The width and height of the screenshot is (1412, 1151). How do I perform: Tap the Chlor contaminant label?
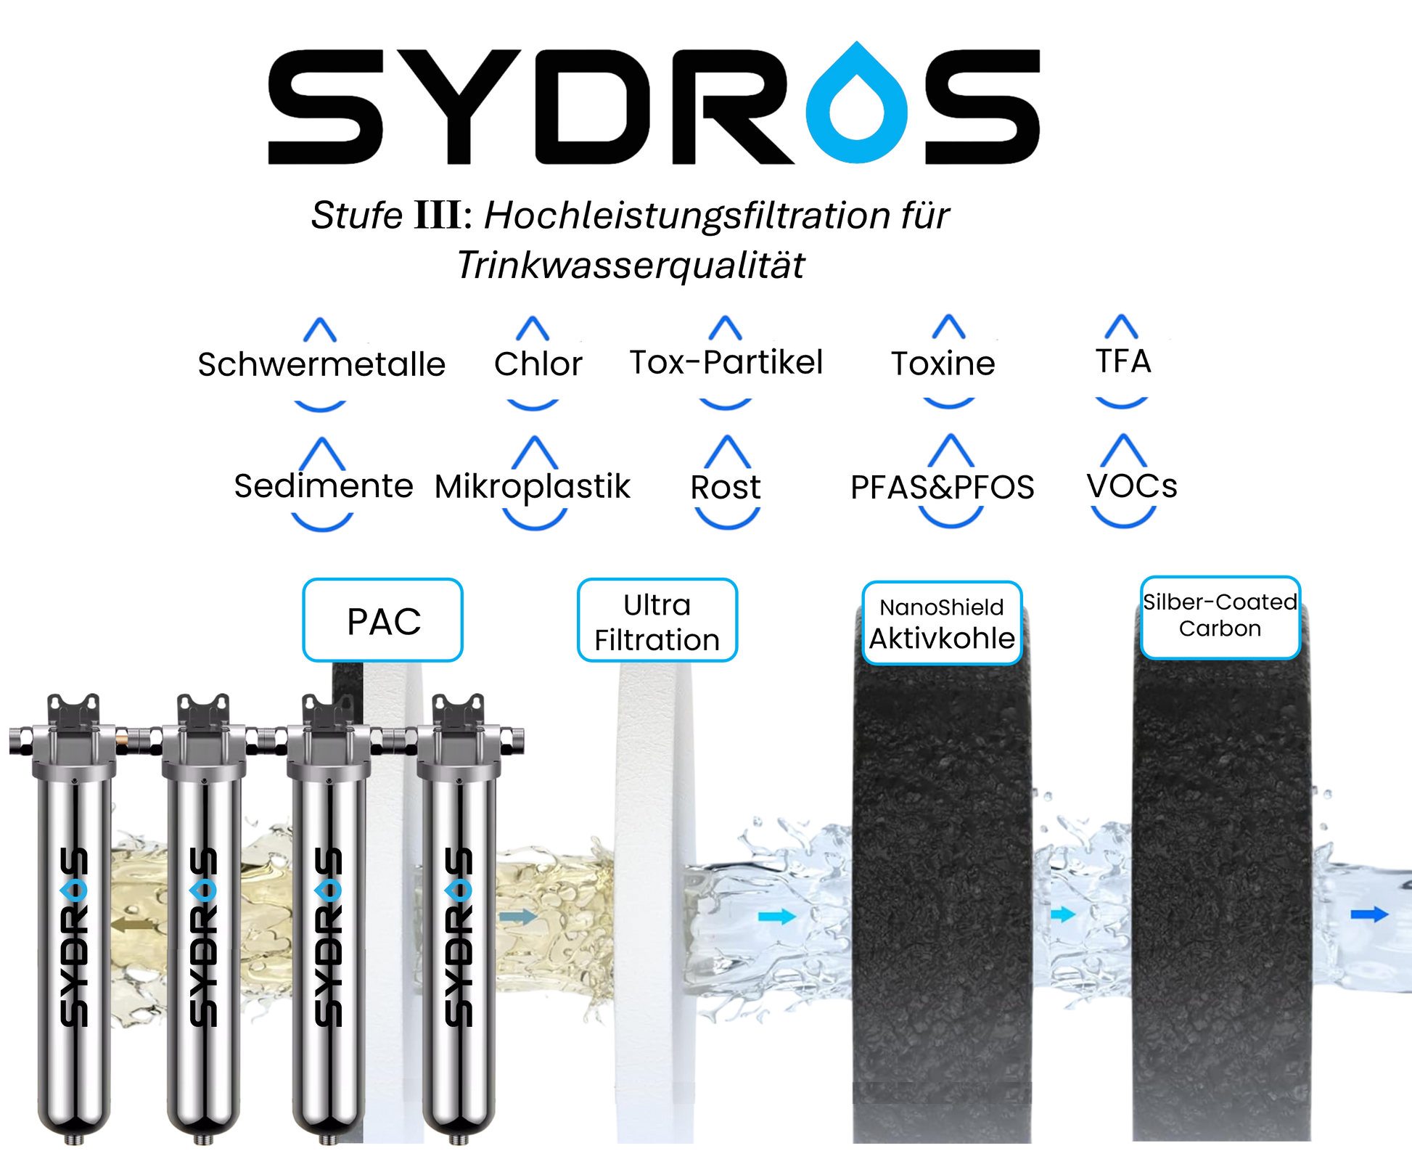(538, 364)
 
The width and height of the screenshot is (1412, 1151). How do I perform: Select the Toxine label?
(943, 364)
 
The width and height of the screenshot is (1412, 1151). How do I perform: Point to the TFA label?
(1123, 361)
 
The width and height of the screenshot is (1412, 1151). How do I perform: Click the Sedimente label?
(324, 486)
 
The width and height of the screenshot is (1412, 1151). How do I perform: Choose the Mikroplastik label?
(535, 486)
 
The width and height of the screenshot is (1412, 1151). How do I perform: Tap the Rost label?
(726, 487)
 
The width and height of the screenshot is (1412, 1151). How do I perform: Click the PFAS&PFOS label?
(942, 488)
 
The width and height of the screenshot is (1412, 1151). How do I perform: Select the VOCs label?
(1132, 486)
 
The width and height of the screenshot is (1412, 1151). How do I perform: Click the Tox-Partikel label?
(722, 362)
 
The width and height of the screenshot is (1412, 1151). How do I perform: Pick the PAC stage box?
(383, 620)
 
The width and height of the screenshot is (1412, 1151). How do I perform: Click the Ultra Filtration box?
(657, 621)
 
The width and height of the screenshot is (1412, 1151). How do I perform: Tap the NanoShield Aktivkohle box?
(942, 623)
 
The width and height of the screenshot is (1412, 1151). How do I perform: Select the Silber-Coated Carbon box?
(1220, 616)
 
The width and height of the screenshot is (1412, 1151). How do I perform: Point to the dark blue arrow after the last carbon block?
(1369, 915)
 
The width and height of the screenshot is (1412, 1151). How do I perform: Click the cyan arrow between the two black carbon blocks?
(1063, 914)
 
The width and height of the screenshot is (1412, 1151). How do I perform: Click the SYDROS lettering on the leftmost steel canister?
(73, 936)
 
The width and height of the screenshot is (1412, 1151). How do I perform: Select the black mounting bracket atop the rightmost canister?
(458, 708)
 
